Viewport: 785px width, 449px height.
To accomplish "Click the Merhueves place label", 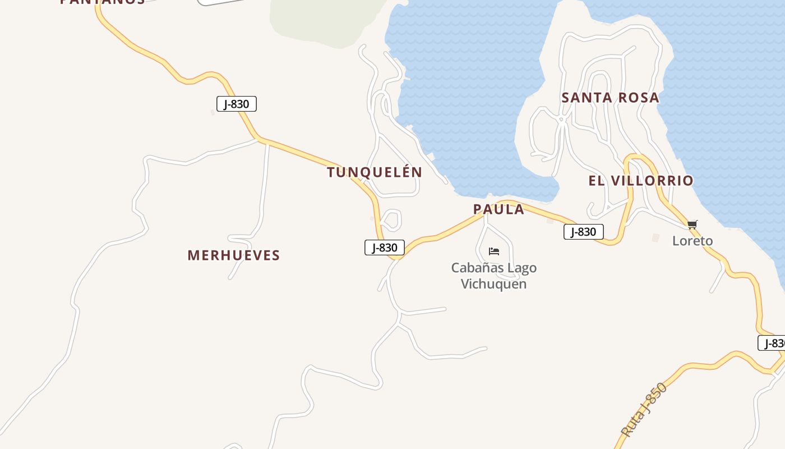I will [233, 255].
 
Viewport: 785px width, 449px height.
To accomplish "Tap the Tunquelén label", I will [375, 172].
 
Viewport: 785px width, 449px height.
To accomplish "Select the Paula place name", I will [498, 210].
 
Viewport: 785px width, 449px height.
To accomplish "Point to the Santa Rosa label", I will [610, 98].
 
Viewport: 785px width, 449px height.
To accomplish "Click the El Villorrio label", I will [640, 181].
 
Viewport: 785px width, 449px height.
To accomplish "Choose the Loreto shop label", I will [692, 241].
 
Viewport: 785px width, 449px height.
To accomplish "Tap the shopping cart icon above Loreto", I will [692, 225].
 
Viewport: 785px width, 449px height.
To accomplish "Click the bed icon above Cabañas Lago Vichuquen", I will [494, 251].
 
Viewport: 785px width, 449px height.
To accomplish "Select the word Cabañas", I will [476, 268].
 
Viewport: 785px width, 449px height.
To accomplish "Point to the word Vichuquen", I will [493, 283].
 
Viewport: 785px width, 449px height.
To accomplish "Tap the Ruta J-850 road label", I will [645, 410].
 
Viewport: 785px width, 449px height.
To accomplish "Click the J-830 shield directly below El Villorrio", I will [583, 232].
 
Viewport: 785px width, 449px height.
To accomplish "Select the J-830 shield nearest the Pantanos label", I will [236, 104].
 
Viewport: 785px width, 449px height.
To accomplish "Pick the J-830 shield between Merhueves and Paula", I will [384, 248].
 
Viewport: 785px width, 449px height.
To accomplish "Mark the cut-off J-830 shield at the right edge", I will [773, 343].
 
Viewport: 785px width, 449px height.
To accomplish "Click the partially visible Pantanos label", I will [102, 2].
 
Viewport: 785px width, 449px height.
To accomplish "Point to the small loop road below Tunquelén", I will [391, 219].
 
